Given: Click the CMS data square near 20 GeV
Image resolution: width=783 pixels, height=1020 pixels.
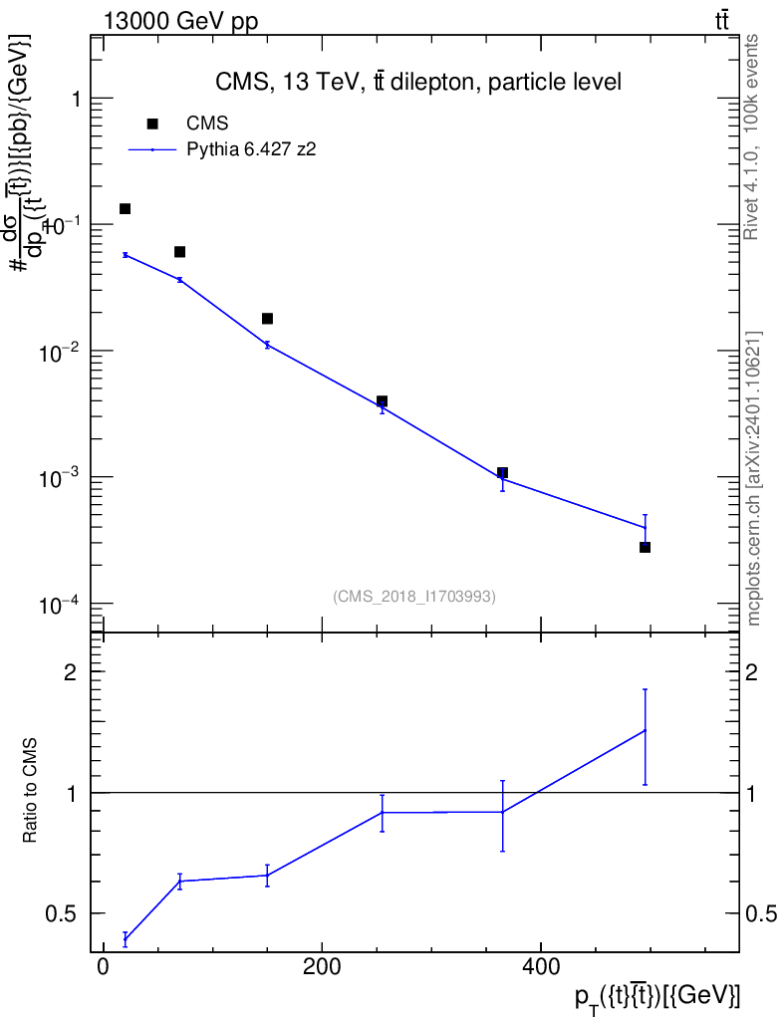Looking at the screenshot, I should pos(125,209).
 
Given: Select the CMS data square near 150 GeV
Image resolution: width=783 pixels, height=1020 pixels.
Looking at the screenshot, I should pos(267,319).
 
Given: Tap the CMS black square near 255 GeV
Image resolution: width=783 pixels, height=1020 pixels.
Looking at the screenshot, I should pos(382,401).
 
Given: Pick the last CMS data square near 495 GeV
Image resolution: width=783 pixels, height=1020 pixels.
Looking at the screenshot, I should pos(645,547).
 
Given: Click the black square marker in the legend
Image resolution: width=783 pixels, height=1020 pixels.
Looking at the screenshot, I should pos(152,124).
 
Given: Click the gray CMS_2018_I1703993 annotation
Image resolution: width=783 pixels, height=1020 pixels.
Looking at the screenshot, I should pos(414,596).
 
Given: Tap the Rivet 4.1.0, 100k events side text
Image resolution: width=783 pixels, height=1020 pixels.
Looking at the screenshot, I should pos(753,136).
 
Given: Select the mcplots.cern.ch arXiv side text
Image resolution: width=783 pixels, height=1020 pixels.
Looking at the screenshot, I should pos(754,478).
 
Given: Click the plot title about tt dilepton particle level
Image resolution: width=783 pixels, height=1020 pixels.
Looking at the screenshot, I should pos(418,83).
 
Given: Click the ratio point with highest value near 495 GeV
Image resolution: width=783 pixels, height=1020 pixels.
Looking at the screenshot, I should pos(645,730).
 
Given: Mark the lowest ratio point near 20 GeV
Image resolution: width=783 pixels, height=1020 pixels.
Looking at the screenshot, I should pos(125,939).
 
